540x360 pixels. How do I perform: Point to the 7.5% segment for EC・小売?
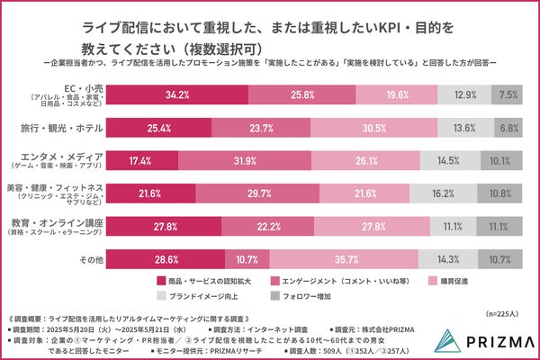coord(508,94)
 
